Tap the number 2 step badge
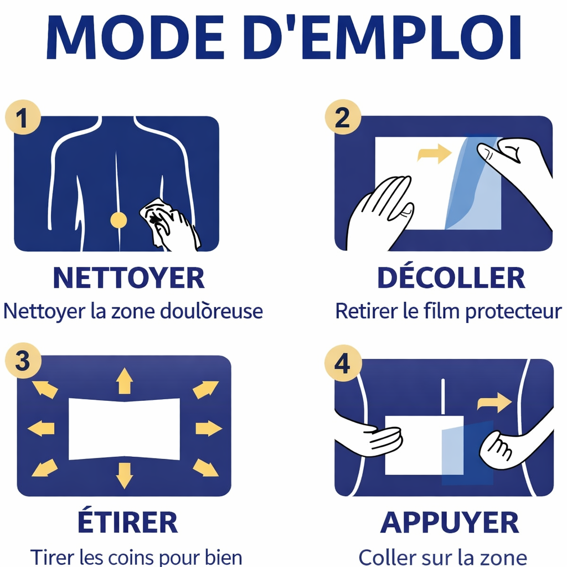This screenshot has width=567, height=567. pyautogui.click(x=343, y=117)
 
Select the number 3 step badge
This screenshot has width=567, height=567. pyautogui.click(x=23, y=361)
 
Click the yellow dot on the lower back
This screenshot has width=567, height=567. pyautogui.click(x=118, y=220)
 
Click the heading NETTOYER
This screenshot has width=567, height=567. pyautogui.click(x=128, y=279)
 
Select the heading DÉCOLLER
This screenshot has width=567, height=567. pyautogui.click(x=451, y=279)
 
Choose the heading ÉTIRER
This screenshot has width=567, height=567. pyautogui.click(x=128, y=522)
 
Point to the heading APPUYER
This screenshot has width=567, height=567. pyautogui.click(x=450, y=522)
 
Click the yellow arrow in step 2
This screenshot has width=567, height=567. pyautogui.click(x=435, y=153)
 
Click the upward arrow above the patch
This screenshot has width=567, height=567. pyautogui.click(x=124, y=382)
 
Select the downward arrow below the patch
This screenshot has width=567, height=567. pyautogui.click(x=124, y=475)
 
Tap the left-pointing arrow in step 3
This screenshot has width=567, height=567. pyautogui.click(x=42, y=428)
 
